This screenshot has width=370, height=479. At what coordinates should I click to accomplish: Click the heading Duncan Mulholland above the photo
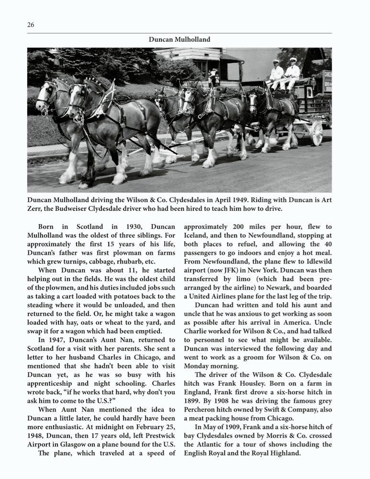(179, 40)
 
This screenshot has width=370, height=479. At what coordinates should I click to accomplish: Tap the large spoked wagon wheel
(316, 133)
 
